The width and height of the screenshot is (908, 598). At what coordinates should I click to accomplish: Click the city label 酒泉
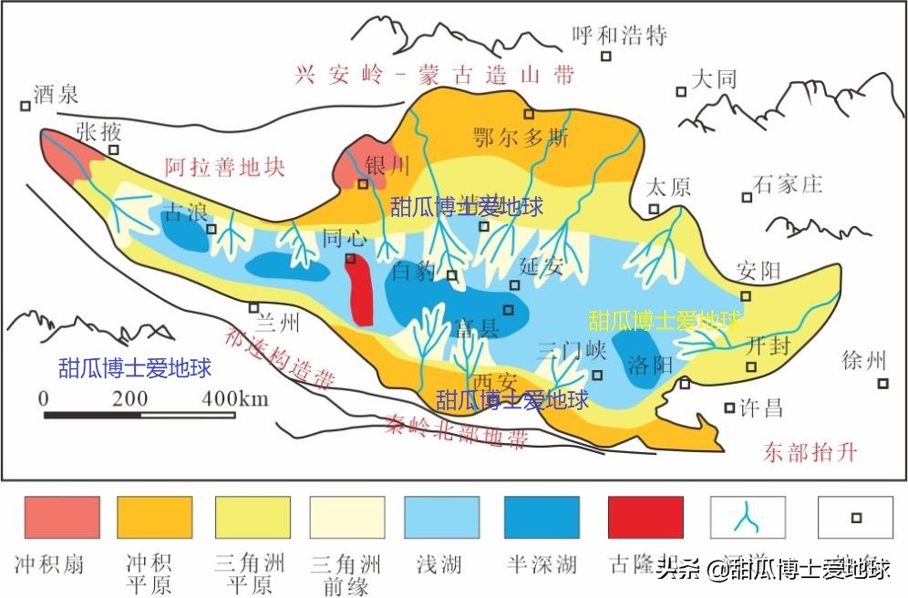(x=57, y=94)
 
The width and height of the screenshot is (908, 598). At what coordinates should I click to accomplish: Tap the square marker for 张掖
(x=114, y=150)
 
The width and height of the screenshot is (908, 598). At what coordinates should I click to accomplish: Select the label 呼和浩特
(x=620, y=36)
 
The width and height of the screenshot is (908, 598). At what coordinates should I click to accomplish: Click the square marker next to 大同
(x=681, y=91)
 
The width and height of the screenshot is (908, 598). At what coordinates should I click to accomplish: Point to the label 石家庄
(x=789, y=184)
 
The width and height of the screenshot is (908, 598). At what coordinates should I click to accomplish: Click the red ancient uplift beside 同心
(x=362, y=290)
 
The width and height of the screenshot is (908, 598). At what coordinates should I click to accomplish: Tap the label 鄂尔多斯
(x=521, y=139)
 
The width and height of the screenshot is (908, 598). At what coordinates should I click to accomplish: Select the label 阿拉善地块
(x=225, y=167)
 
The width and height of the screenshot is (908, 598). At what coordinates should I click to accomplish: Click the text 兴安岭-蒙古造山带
(x=436, y=75)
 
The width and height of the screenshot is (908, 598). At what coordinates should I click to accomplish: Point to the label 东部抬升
(x=810, y=452)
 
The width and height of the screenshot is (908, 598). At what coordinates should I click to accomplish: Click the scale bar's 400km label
(x=235, y=398)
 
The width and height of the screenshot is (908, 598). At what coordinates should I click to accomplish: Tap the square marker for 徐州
(x=882, y=385)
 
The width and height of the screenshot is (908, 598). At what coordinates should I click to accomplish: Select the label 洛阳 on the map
(x=650, y=365)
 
